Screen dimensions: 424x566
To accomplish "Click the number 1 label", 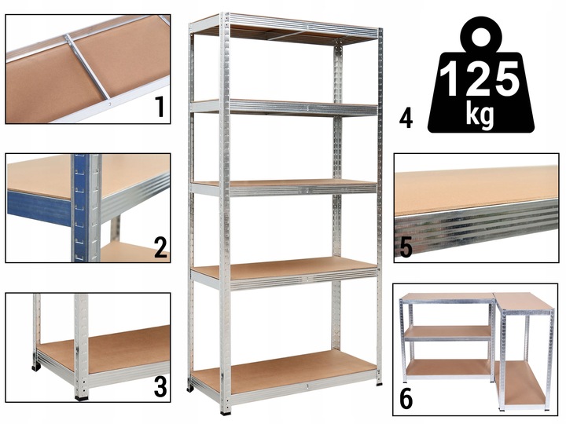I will [160, 104].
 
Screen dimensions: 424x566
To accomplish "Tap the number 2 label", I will [160, 247].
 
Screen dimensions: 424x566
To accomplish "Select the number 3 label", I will [160, 387].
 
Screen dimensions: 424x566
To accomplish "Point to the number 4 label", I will [406, 119].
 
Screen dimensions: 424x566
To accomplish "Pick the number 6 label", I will [406, 398].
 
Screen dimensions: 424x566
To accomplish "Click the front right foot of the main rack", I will [379, 382].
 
